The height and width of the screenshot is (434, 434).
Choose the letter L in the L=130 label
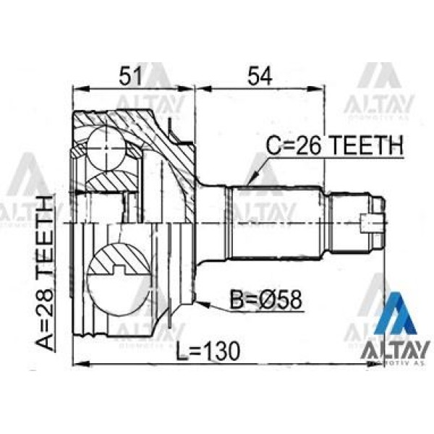(x=182, y=351)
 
